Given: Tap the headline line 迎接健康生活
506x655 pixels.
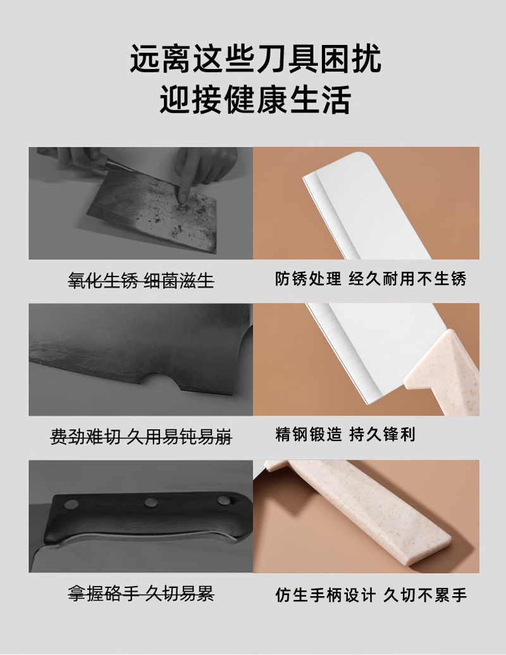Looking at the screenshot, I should point(256,99).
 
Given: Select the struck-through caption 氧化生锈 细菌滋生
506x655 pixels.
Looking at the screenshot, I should point(140,280).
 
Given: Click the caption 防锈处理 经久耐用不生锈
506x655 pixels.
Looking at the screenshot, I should point(371,279).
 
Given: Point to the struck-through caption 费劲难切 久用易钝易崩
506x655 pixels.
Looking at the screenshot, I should point(140,436).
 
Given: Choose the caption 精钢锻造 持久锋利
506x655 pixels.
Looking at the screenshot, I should point(345,435).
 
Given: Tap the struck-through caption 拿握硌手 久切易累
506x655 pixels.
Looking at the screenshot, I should point(140,594).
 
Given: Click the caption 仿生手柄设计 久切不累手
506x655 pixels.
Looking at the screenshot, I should point(371,594).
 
